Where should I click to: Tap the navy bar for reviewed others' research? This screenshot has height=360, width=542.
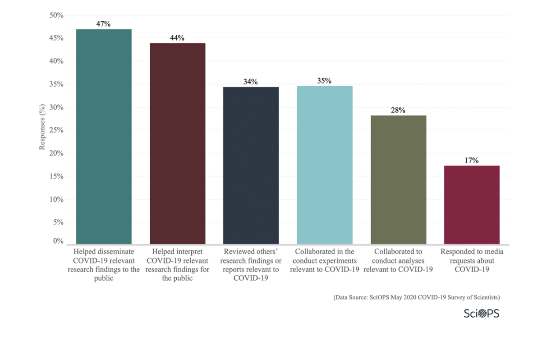[251, 165]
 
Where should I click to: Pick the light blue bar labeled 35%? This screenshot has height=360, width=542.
[325, 165]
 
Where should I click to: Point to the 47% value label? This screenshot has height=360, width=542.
[104, 24]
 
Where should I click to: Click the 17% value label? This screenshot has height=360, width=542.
[472, 160]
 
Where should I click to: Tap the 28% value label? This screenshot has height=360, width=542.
[398, 110]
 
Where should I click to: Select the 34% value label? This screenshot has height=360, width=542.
[251, 82]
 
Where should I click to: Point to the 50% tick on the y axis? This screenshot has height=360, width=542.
[56, 15]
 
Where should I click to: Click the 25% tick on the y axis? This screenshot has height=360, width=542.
[56, 130]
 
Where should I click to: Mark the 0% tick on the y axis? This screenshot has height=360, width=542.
[58, 241]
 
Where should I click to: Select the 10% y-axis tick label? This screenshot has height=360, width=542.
[56, 199]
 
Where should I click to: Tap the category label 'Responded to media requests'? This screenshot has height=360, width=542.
[472, 260]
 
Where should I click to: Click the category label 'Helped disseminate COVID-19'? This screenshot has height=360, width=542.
[104, 265]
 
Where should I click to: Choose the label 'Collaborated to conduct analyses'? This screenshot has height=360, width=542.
[398, 260]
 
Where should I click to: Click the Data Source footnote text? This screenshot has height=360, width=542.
[416, 298]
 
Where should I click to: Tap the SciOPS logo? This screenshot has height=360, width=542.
[481, 313]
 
